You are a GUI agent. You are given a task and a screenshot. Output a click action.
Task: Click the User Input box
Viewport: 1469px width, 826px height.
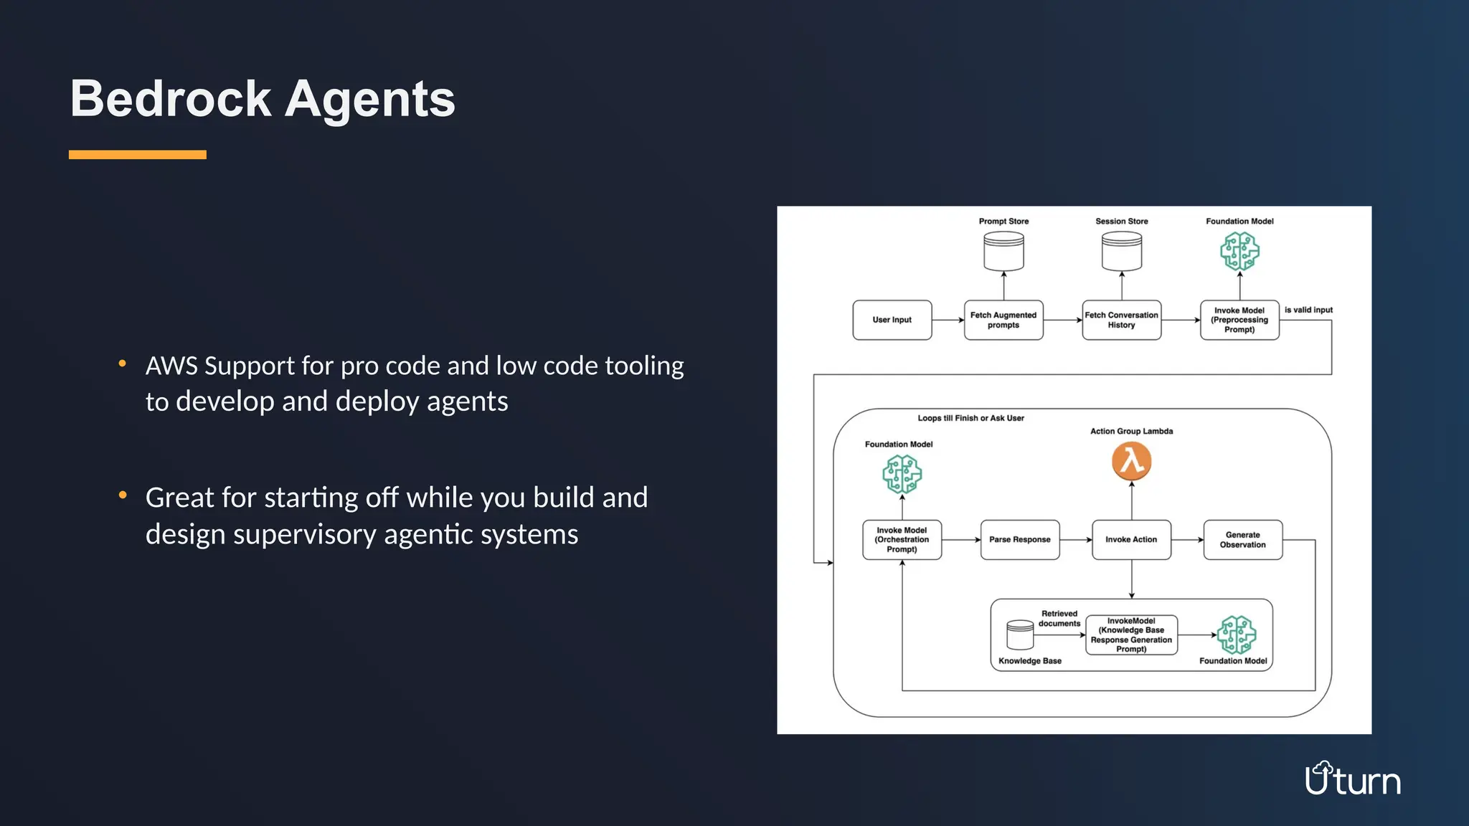pyautogui.click(x=892, y=320)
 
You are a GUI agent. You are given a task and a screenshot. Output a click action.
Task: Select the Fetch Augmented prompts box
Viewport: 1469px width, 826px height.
pyautogui.click(x=1003, y=320)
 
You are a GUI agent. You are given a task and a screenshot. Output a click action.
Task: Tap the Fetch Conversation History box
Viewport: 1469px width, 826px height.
pyautogui.click(x=1121, y=320)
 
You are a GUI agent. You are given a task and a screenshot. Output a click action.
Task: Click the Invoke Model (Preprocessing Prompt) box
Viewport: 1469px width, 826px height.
pyautogui.click(x=1239, y=320)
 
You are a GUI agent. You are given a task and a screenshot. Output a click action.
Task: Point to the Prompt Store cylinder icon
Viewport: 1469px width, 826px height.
pyautogui.click(x=1003, y=252)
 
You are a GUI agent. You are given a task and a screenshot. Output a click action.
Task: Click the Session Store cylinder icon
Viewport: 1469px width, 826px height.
pyautogui.click(x=1121, y=252)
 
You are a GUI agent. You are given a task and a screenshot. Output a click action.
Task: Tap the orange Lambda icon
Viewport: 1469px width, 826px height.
pyautogui.click(x=1131, y=461)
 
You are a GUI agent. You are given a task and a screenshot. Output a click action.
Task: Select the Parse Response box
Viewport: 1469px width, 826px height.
pyautogui.click(x=1019, y=540)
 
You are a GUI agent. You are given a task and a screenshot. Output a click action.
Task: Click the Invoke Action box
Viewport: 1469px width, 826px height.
pyautogui.click(x=1131, y=540)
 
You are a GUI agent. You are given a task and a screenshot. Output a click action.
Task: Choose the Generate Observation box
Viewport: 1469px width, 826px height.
pyautogui.click(x=1242, y=540)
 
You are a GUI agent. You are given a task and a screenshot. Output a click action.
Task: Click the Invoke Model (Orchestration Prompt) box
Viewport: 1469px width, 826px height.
pyautogui.click(x=902, y=540)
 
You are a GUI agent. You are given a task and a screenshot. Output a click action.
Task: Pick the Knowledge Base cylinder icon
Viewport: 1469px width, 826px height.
pyautogui.click(x=1019, y=635)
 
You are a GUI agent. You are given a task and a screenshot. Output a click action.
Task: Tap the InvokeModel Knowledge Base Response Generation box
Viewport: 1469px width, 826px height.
pyautogui.click(x=1131, y=635)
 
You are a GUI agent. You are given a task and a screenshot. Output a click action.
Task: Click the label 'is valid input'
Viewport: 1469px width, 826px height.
pyautogui.click(x=1308, y=310)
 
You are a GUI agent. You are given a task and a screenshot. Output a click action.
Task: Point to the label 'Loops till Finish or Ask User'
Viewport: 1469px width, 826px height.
pyautogui.click(x=970, y=418)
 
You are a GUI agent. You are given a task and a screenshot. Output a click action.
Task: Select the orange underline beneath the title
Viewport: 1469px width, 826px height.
pyautogui.click(x=138, y=155)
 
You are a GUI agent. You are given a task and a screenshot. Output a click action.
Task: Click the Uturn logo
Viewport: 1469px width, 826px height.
pyautogui.click(x=1352, y=779)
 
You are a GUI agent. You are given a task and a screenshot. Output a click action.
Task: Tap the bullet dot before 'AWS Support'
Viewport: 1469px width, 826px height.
pyautogui.click(x=123, y=364)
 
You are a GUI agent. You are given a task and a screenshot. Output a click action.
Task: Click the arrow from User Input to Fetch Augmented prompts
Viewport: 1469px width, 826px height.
pyautogui.click(x=948, y=320)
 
